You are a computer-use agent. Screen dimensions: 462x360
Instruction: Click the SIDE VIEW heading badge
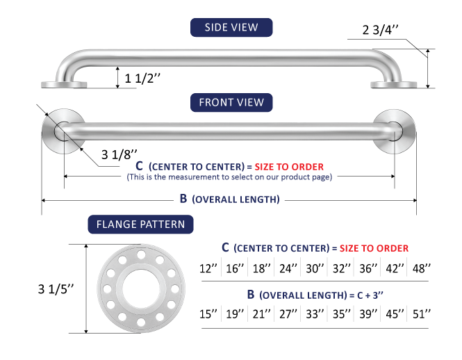(x=231, y=27)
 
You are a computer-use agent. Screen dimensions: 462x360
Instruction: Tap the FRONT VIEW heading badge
(x=231, y=102)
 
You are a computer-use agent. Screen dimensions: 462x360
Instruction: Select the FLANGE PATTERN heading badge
(x=140, y=224)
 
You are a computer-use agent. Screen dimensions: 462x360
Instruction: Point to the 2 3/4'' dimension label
(x=381, y=30)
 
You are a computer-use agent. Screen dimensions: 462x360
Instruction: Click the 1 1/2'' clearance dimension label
(x=142, y=79)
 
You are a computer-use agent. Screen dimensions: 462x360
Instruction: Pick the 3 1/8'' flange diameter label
(x=119, y=154)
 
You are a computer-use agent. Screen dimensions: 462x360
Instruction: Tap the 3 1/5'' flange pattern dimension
(x=56, y=289)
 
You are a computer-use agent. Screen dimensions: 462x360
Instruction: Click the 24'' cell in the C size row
(x=288, y=268)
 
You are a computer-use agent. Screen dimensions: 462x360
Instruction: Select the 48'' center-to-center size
(x=422, y=268)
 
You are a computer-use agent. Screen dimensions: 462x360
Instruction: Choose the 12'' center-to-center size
(x=208, y=268)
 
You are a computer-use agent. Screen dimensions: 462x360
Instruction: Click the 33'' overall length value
(x=315, y=314)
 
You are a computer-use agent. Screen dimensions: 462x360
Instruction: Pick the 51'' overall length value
(x=422, y=314)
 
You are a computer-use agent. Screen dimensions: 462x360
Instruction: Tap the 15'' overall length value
(x=208, y=314)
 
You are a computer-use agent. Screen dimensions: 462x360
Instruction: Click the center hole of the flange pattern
(x=141, y=288)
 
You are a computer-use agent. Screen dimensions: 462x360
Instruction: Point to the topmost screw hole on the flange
(x=141, y=254)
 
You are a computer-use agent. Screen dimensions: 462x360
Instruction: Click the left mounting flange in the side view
(x=64, y=85)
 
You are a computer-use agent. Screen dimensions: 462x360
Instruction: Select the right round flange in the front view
(x=394, y=131)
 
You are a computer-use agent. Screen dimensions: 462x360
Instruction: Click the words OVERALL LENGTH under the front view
(x=236, y=199)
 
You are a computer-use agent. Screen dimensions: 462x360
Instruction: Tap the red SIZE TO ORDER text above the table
(x=374, y=248)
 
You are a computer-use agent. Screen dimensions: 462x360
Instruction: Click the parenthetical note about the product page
(x=229, y=177)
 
